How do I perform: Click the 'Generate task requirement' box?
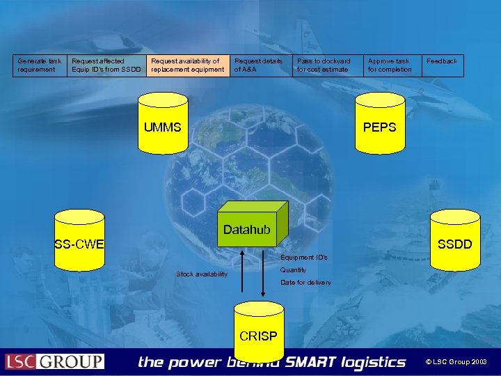(x=40, y=65)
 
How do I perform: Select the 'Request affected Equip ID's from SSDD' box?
(x=106, y=65)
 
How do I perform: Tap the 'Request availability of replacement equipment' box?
(x=188, y=65)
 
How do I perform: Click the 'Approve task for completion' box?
(x=392, y=65)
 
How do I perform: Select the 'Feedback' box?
(x=443, y=65)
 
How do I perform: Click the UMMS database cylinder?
(x=163, y=125)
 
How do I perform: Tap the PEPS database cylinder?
(x=379, y=125)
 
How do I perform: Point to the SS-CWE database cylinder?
(x=79, y=240)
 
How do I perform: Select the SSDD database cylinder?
(x=455, y=240)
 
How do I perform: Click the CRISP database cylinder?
(x=258, y=332)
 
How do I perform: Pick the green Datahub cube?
(x=247, y=226)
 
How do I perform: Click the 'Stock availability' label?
(x=202, y=274)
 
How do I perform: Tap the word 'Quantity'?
(x=293, y=270)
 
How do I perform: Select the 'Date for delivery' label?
(x=305, y=282)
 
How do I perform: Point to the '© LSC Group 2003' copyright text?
(x=456, y=362)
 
